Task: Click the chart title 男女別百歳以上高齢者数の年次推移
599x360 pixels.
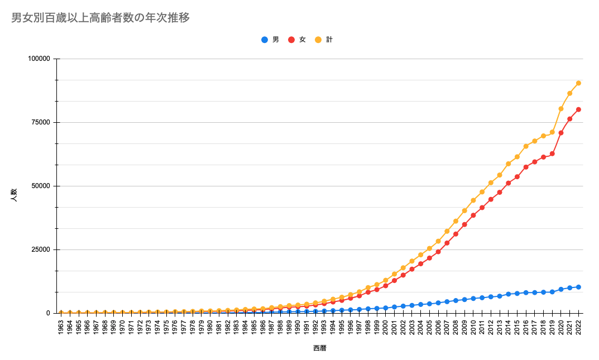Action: point(100,18)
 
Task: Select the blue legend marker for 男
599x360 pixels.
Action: point(265,40)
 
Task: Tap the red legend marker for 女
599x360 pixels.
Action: point(291,40)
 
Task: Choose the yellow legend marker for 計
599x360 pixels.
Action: point(318,40)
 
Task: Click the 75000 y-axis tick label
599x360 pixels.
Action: point(41,122)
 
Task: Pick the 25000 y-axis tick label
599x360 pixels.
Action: point(41,249)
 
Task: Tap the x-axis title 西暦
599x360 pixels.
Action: point(320,348)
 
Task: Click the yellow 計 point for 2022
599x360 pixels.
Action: point(578,83)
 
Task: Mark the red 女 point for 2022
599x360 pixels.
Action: point(578,109)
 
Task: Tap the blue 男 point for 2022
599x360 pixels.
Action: point(578,287)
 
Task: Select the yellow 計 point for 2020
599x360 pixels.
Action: point(561,109)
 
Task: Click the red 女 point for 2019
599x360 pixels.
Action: point(552,153)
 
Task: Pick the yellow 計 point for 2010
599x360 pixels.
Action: point(473,200)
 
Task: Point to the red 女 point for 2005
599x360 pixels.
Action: point(429,258)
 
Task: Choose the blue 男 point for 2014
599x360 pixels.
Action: point(509,294)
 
